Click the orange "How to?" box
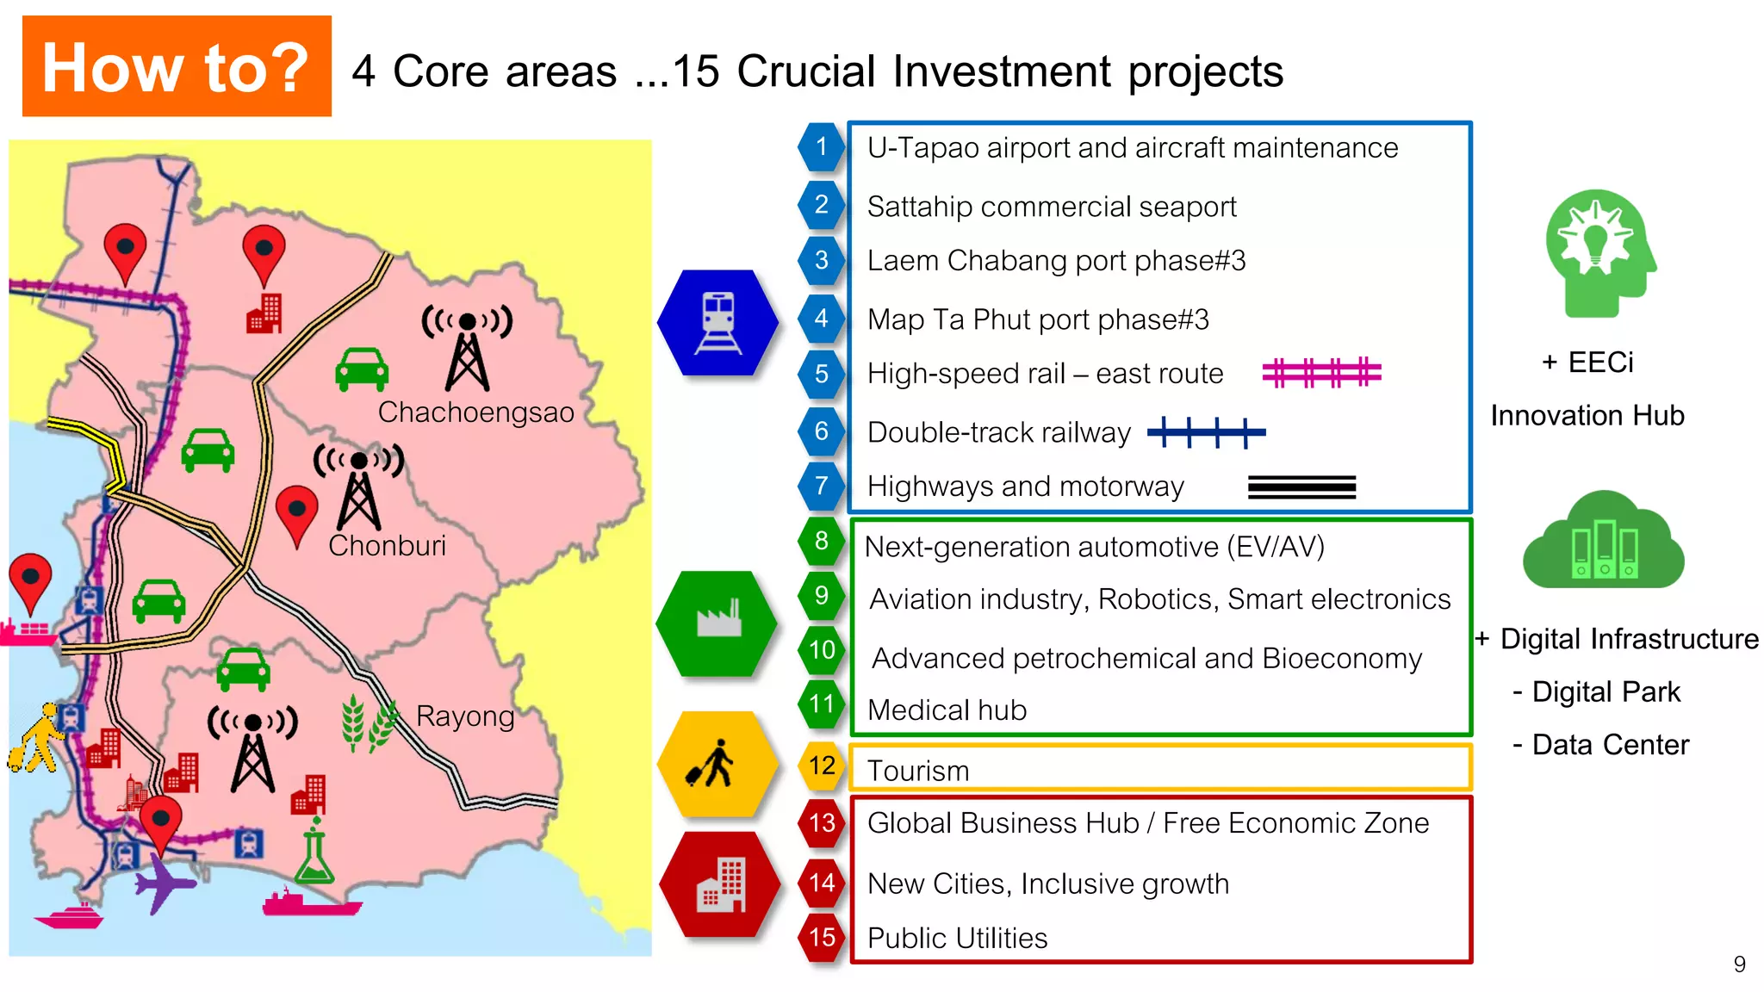click(x=177, y=66)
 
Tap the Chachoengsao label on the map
click(x=475, y=412)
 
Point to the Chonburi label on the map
click(x=387, y=545)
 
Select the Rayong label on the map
click(x=465, y=716)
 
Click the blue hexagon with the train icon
click(x=717, y=323)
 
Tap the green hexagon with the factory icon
click(x=717, y=623)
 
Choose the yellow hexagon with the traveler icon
click(x=717, y=764)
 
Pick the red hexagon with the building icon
click(x=720, y=884)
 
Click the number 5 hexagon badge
click(x=821, y=374)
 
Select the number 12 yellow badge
click(x=822, y=766)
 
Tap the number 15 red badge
click(x=822, y=937)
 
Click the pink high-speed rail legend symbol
click(x=1321, y=373)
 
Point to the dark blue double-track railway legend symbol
click(x=1206, y=432)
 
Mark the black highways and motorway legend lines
click(x=1301, y=487)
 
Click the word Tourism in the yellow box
click(x=917, y=771)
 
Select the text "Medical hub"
click(x=947, y=710)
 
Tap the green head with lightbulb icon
click(x=1599, y=253)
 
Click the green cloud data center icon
click(x=1603, y=542)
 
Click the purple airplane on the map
click(x=163, y=883)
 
